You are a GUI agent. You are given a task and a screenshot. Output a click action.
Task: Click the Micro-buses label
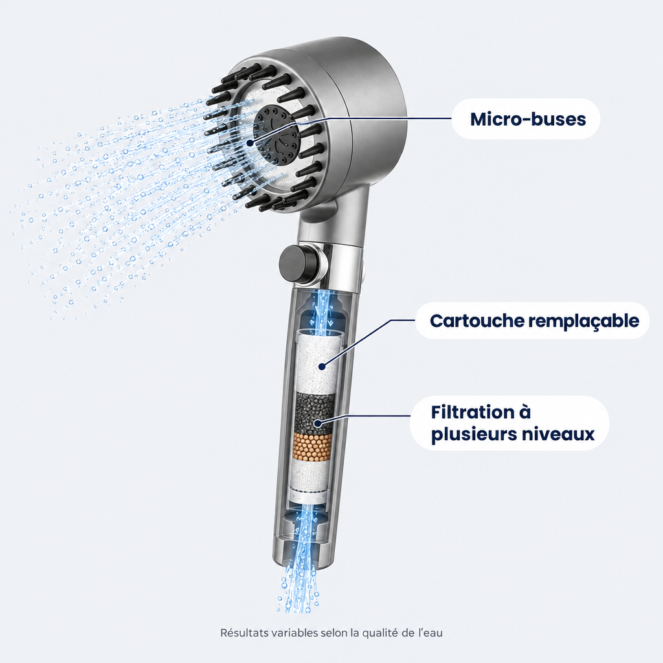coord(528,119)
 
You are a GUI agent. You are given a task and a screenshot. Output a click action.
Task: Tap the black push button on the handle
coord(296,264)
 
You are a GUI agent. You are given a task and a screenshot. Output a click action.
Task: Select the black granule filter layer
coord(316,412)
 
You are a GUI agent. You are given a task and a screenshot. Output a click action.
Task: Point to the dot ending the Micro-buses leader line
coord(251,143)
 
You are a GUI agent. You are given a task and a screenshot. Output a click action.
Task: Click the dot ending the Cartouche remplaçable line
coord(322,366)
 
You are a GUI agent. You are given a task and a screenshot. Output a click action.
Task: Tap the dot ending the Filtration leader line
coord(317,422)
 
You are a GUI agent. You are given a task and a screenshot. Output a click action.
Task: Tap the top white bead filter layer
coord(318,361)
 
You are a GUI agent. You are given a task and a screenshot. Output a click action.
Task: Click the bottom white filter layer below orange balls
coord(311,476)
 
